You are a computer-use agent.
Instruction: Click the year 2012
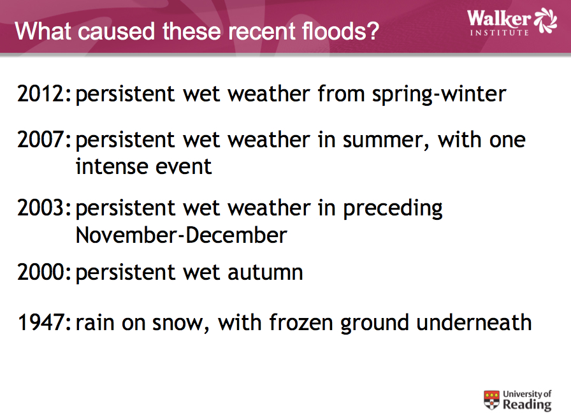(x=41, y=94)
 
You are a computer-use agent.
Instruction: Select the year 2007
(x=41, y=140)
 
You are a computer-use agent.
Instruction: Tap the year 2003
(x=41, y=208)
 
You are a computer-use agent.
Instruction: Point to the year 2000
(x=41, y=272)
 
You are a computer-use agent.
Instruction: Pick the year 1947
(x=41, y=322)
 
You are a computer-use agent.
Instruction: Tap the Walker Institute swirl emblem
(x=546, y=20)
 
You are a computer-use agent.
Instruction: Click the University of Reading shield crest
(x=491, y=400)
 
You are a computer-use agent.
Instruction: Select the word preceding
(x=393, y=208)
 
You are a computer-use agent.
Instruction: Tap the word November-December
(x=182, y=235)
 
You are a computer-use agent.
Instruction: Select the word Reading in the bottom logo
(x=527, y=405)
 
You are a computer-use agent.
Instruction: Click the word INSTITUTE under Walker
(x=499, y=33)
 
